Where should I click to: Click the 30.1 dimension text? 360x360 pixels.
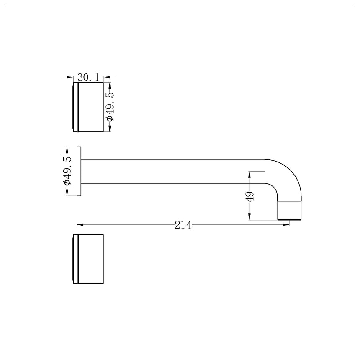(x=88, y=77)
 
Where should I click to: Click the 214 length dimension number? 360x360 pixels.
(x=183, y=225)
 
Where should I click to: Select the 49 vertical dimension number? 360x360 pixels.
(x=249, y=196)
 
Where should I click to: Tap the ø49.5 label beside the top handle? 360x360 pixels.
(x=110, y=107)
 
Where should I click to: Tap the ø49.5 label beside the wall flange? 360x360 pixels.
(x=67, y=171)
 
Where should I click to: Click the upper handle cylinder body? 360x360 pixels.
(x=91, y=107)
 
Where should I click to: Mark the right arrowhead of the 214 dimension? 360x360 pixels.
(x=287, y=225)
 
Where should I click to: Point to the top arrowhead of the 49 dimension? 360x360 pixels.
(x=249, y=174)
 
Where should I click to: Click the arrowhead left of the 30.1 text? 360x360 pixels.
(x=71, y=77)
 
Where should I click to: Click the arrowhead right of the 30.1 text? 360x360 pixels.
(x=106, y=77)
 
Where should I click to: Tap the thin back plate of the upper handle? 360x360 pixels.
(x=76, y=107)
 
